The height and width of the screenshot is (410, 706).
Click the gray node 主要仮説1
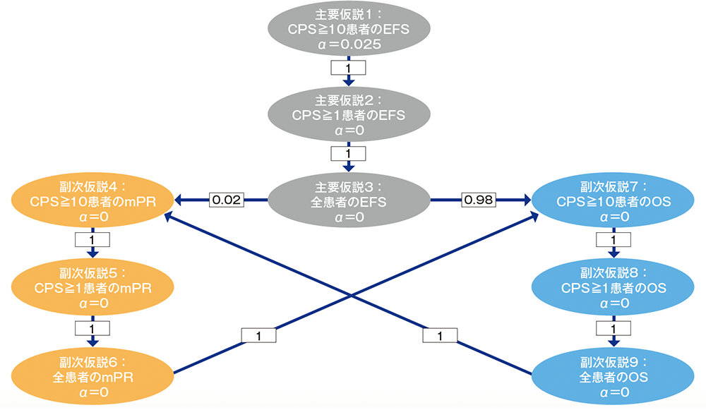(x=349, y=29)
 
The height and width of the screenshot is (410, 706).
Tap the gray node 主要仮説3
(x=349, y=202)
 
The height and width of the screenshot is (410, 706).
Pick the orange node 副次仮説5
(x=91, y=288)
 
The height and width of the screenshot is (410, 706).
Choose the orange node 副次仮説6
(x=92, y=374)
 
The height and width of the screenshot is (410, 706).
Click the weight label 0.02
(x=227, y=201)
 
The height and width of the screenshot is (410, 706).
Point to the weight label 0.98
(x=479, y=201)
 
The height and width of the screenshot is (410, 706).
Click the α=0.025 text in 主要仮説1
(x=349, y=44)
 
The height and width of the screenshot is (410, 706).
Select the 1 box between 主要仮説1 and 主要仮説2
(x=348, y=68)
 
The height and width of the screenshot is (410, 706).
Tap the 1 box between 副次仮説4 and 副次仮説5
(x=91, y=241)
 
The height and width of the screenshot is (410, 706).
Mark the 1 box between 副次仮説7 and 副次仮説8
(x=613, y=241)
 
